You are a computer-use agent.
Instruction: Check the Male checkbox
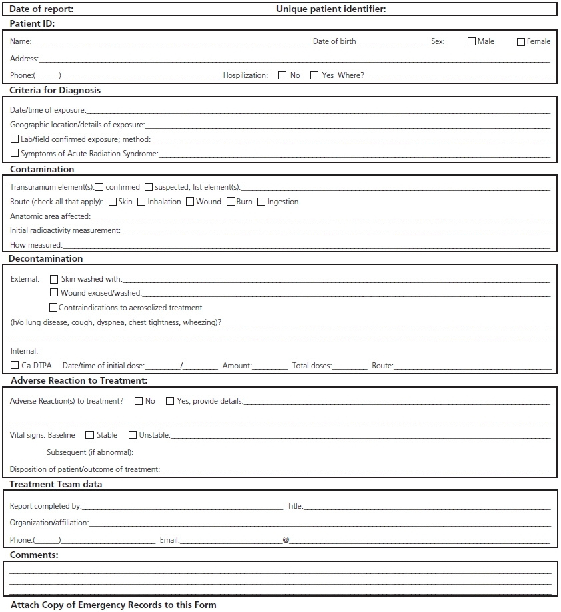pos(472,41)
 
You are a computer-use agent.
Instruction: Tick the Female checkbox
pos(521,41)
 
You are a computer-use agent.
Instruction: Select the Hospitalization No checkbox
pos(283,75)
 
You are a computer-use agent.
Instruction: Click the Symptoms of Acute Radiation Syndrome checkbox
pos(15,154)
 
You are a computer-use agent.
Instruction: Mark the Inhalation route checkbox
pos(141,202)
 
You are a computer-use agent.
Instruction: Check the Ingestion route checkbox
pos(261,202)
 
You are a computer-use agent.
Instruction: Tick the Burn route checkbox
pos(231,202)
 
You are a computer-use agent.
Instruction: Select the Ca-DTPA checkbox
pos(15,366)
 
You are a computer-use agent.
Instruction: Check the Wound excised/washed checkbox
pos(54,293)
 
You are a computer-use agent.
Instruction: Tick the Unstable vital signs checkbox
pos(133,435)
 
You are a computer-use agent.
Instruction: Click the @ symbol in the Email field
pos(286,540)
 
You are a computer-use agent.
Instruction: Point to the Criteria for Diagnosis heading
pos(55,90)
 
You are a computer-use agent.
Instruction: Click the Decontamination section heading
pos(46,258)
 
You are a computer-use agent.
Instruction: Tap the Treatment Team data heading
pos(56,484)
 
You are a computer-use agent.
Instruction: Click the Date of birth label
pos(334,41)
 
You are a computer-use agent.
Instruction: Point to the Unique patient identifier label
pos(331,9)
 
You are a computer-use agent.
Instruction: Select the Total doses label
pos(312,366)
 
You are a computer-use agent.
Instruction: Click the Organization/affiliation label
pos(49,523)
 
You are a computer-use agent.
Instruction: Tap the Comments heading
pos(34,555)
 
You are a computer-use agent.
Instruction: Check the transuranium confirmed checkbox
pos(99,187)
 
